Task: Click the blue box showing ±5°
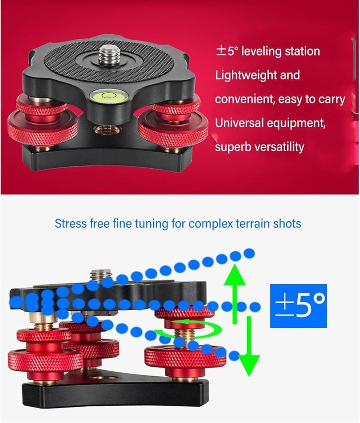(298, 305)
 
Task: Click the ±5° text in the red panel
(227, 51)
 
